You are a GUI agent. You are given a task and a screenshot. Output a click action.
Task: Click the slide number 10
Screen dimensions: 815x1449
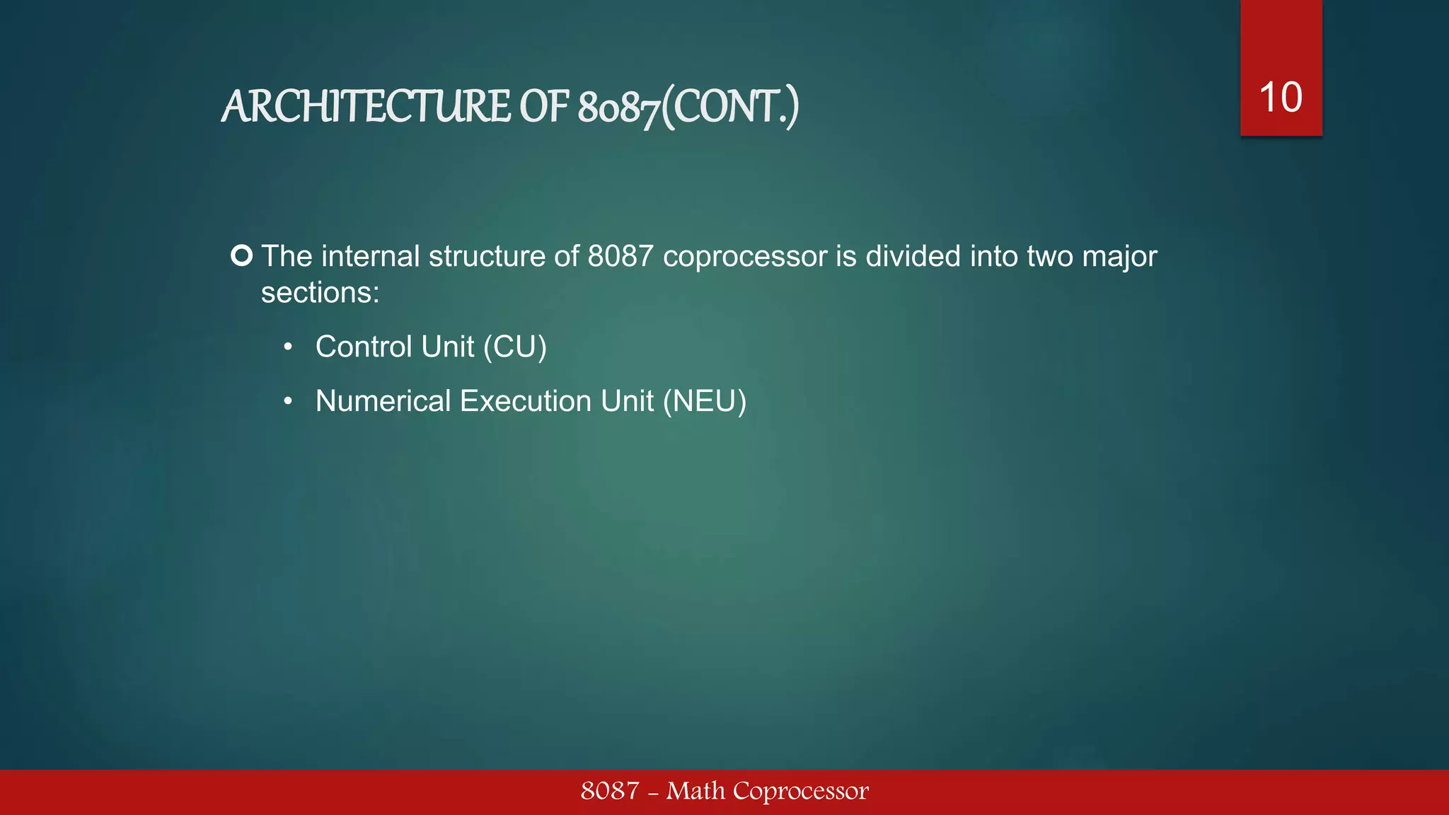(x=1281, y=97)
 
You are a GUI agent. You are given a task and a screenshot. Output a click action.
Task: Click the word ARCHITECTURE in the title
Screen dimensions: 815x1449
(x=366, y=108)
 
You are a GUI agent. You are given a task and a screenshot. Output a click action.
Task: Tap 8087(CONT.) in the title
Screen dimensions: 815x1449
(x=688, y=108)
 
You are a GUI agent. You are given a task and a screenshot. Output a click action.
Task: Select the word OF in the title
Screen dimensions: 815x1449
(x=544, y=108)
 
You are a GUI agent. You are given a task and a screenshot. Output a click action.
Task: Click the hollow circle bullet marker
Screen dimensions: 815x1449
(x=242, y=255)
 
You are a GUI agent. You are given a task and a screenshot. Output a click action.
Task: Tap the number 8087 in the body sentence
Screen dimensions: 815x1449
(x=620, y=256)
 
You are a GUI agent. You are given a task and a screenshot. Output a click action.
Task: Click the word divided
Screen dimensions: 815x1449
(x=913, y=256)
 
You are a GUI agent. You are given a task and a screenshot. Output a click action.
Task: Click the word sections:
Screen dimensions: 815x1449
(x=320, y=292)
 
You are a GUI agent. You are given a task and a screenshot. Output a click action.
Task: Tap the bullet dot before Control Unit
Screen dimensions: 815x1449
(x=288, y=347)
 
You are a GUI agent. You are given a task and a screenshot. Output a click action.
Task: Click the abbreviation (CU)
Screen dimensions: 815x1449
(x=515, y=347)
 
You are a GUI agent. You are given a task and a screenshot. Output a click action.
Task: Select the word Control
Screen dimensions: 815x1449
(x=364, y=347)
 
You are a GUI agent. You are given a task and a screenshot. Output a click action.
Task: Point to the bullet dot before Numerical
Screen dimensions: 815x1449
(x=288, y=402)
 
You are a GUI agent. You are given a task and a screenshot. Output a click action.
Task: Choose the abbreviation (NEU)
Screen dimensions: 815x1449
(x=705, y=401)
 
